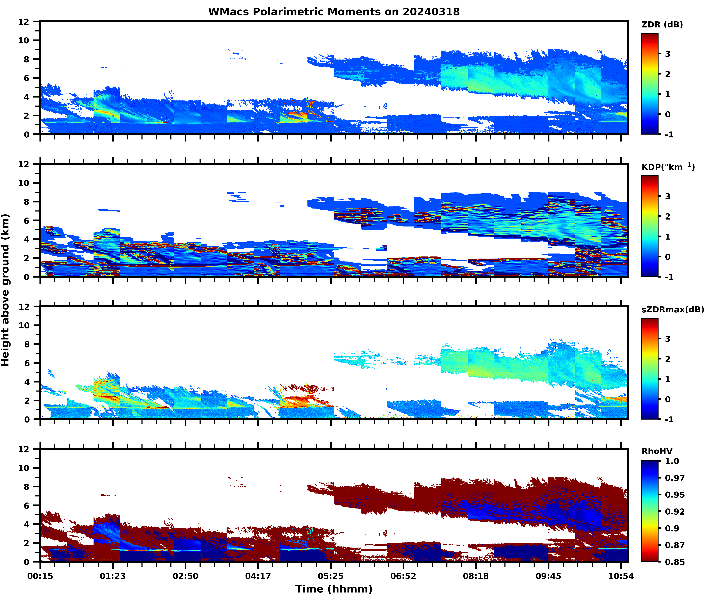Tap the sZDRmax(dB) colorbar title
tap(672, 309)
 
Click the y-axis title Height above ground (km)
tap(5, 290)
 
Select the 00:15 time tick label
tap(40, 576)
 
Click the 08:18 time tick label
tap(476, 576)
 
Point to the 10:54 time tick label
tap(621, 576)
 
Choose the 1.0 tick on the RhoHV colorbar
tap(672, 461)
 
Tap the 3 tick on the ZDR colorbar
tap(668, 54)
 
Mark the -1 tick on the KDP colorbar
tap(669, 277)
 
